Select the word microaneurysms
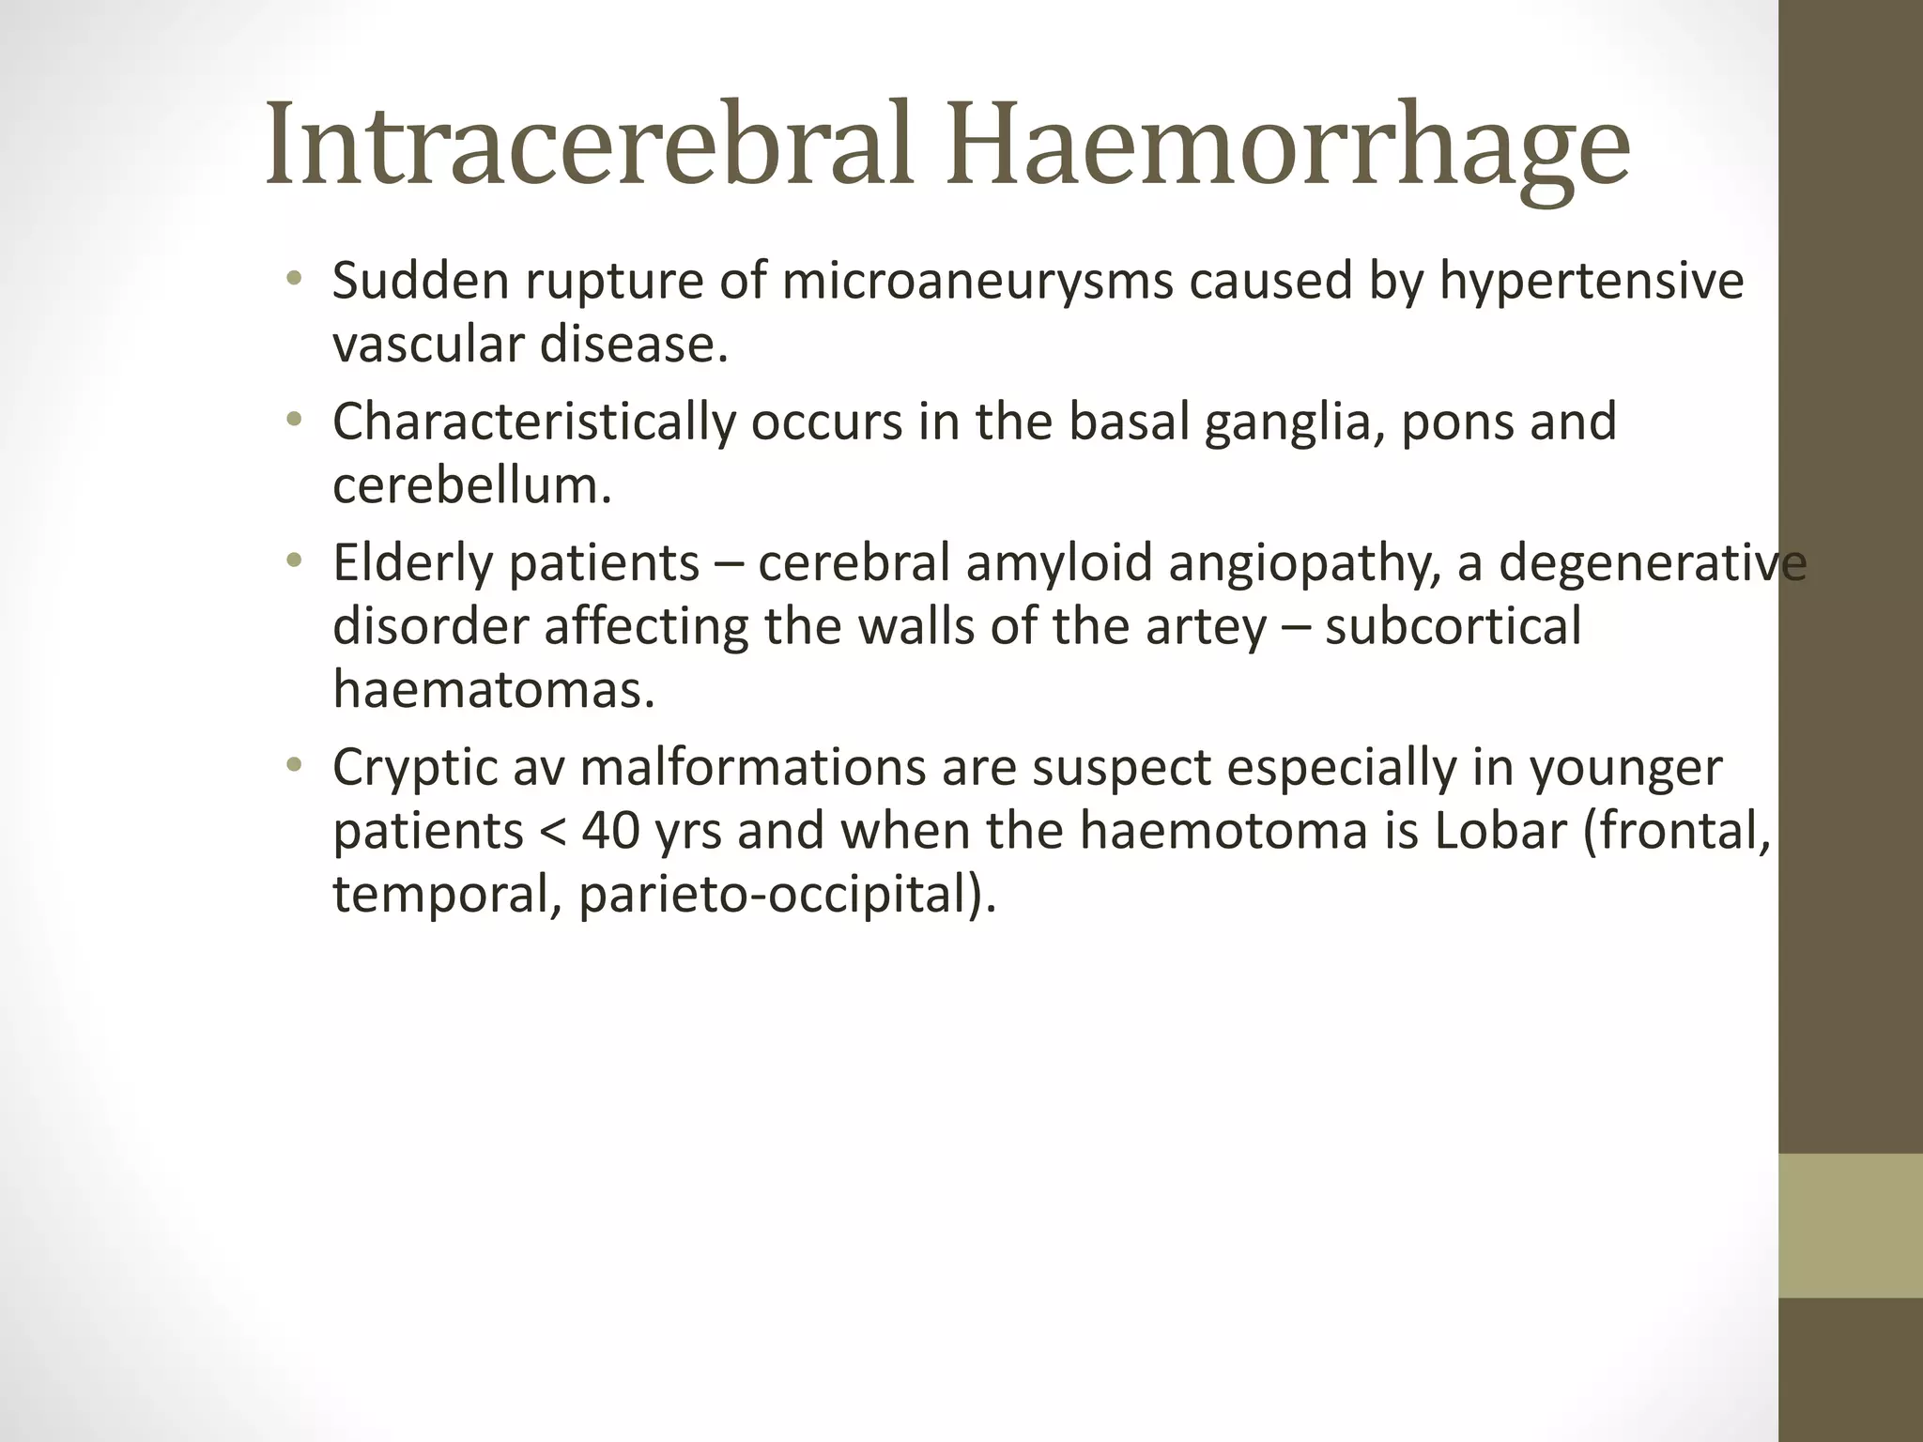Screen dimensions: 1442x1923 (977, 282)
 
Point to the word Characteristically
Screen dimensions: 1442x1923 (533, 422)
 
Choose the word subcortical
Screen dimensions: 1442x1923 (1453, 627)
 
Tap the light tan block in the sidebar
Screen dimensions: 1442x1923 (1850, 1224)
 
